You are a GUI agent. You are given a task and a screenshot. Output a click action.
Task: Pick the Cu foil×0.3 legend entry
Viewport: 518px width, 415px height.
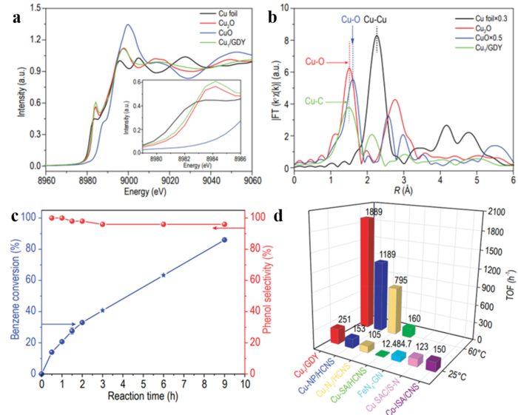[480, 15]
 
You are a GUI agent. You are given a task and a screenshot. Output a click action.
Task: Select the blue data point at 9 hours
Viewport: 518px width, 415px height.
[224, 240]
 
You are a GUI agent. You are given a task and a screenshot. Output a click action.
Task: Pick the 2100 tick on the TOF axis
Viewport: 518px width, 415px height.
[479, 212]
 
